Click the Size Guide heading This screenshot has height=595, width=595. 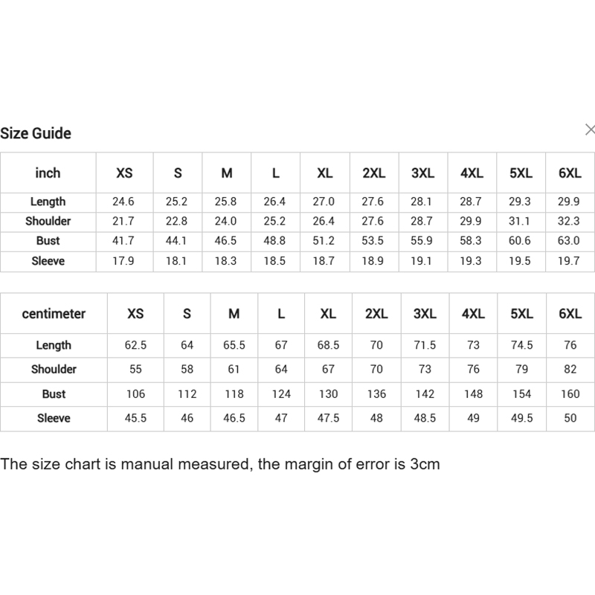pyautogui.click(x=36, y=134)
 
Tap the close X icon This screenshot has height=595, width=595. pyautogui.click(x=590, y=130)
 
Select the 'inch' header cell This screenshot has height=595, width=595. pyautogui.click(x=48, y=173)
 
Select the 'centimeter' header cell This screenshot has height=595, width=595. pyautogui.click(x=54, y=314)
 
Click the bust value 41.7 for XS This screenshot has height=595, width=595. pyautogui.click(x=124, y=241)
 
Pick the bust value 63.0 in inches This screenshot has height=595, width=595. pyautogui.click(x=569, y=241)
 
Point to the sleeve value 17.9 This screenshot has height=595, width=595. pyautogui.click(x=124, y=261)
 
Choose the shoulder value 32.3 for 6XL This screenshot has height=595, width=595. pyautogui.click(x=569, y=222)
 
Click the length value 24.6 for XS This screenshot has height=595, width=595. pyautogui.click(x=124, y=202)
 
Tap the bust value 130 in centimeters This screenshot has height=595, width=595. pyautogui.click(x=328, y=394)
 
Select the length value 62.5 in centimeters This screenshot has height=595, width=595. pyautogui.click(x=135, y=346)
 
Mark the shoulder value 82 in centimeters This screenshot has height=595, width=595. pyautogui.click(x=570, y=370)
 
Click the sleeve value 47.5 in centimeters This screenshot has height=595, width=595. pyautogui.click(x=328, y=419)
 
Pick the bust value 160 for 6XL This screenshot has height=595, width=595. pyautogui.click(x=570, y=394)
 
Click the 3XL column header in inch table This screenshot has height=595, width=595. pyautogui.click(x=422, y=173)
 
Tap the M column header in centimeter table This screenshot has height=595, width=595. pyautogui.click(x=234, y=314)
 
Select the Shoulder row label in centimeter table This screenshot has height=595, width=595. pyautogui.click(x=54, y=370)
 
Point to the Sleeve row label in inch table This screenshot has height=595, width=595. pyautogui.click(x=48, y=261)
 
